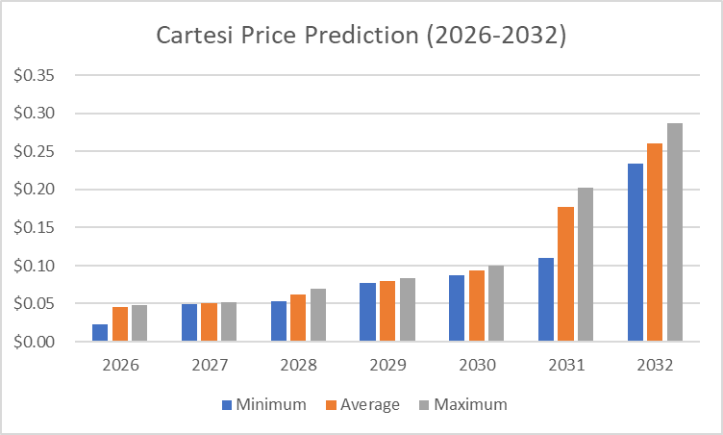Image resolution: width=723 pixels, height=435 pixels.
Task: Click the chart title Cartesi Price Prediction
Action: tap(361, 37)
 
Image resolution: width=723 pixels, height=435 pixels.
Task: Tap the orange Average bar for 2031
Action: tap(565, 274)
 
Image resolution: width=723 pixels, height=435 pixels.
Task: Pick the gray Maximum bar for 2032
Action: tap(675, 232)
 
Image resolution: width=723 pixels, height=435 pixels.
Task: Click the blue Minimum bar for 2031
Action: tap(546, 299)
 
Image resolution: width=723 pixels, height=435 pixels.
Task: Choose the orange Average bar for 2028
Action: tap(298, 318)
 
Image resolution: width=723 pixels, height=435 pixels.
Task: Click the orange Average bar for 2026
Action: tap(120, 324)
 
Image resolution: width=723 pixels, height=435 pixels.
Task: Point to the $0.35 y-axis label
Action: tap(35, 76)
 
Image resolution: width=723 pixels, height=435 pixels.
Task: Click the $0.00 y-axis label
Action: tap(35, 342)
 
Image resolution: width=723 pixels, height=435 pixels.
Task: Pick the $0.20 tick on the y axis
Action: tap(35, 190)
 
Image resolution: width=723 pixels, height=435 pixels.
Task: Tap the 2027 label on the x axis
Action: tap(209, 366)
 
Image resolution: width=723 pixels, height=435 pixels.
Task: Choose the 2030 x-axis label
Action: tap(476, 366)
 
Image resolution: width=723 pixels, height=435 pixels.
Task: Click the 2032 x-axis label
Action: tap(655, 366)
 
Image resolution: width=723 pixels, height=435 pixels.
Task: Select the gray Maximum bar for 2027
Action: tap(229, 322)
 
